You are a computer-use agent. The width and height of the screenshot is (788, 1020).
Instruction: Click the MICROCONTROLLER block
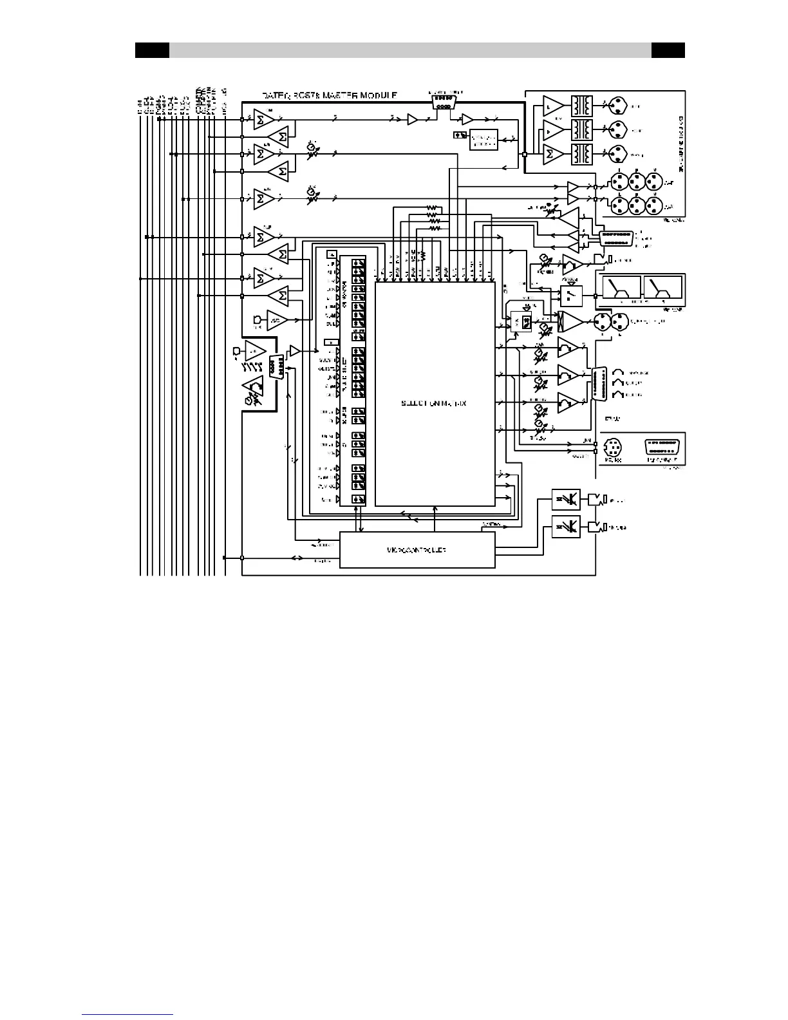417,550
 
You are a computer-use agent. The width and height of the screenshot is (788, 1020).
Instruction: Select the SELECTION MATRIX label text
434,403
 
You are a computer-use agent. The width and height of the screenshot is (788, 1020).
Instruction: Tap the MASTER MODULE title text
329,95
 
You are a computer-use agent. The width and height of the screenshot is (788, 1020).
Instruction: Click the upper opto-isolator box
566,500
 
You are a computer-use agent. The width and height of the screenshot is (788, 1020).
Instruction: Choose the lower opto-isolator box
566,527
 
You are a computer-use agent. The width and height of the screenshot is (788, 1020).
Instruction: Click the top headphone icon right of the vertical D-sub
620,373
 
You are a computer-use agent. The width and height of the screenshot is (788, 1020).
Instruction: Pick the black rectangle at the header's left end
152,50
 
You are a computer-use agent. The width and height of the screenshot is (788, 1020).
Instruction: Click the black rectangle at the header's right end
668,50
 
